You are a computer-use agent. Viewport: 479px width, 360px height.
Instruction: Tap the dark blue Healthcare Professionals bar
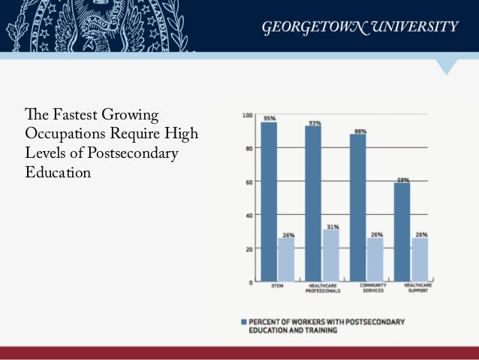pyautogui.click(x=313, y=203)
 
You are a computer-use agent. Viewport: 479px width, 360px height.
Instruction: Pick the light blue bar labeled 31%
pyautogui.click(x=332, y=256)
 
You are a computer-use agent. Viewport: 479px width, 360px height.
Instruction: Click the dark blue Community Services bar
pyautogui.click(x=358, y=207)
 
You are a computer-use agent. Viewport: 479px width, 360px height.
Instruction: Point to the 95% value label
pyautogui.click(x=269, y=118)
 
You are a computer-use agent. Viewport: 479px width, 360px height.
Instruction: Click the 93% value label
pyautogui.click(x=313, y=123)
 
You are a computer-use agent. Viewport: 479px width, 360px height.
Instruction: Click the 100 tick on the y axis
pyautogui.click(x=247, y=115)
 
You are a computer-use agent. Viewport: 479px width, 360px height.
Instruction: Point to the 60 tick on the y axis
pyautogui.click(x=249, y=182)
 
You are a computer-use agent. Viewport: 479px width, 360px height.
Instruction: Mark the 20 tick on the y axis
pyautogui.click(x=249, y=249)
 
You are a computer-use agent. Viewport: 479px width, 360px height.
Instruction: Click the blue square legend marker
pyautogui.click(x=243, y=322)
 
